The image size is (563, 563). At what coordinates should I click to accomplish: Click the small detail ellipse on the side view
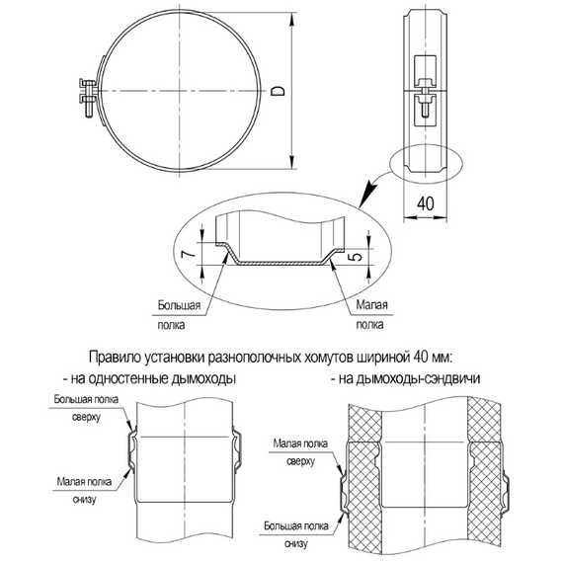(427, 163)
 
